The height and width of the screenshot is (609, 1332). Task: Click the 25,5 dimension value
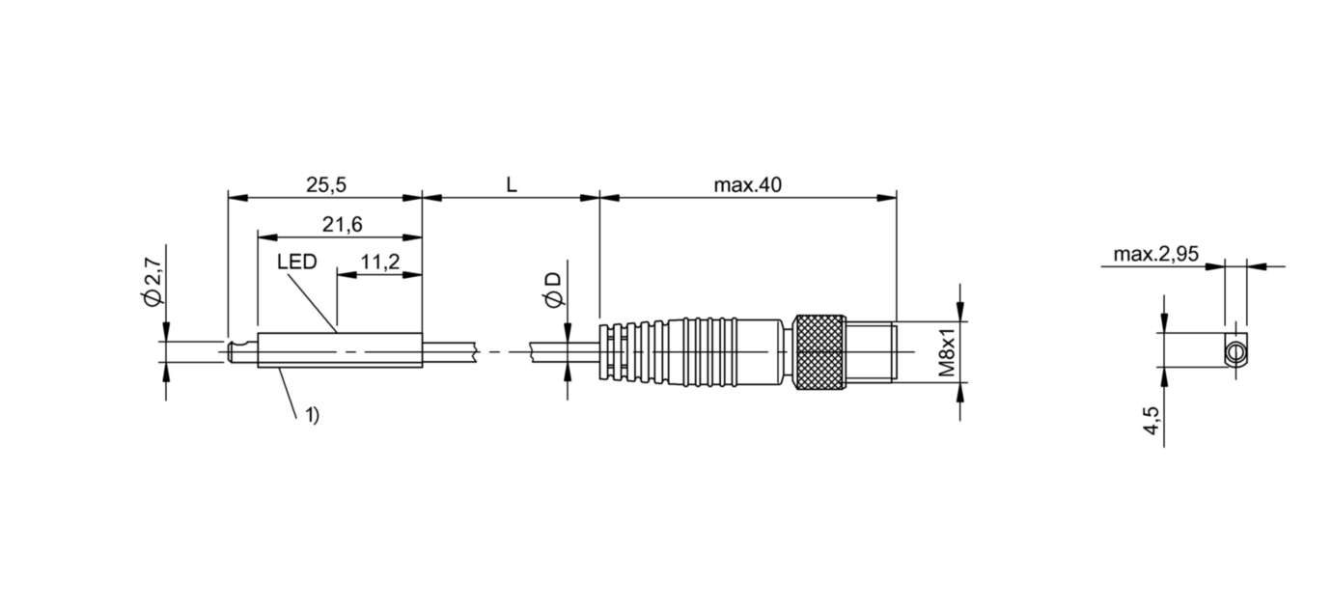coord(326,185)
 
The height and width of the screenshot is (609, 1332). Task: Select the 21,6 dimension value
coord(342,225)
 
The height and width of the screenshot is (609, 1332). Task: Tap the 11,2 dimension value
coord(380,262)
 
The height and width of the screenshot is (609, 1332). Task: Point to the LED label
coord(296,262)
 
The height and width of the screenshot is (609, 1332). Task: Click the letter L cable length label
coord(512,185)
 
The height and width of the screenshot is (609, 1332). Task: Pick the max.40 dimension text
coord(747,185)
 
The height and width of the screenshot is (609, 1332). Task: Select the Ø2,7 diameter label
coord(153,283)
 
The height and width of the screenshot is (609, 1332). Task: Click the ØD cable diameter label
coord(553,291)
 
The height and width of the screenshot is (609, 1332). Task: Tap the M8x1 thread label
coord(947,352)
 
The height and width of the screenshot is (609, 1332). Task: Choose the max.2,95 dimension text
coord(1156,255)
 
